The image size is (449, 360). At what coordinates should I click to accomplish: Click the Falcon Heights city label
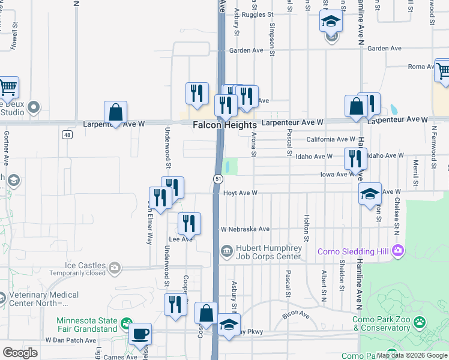click(224, 125)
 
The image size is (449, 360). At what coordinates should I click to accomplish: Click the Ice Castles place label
click(87, 266)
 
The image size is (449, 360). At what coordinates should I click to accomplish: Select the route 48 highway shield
click(68, 134)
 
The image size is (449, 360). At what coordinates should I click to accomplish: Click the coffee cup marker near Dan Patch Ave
click(140, 334)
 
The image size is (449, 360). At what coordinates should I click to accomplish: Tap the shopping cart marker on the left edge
click(8, 88)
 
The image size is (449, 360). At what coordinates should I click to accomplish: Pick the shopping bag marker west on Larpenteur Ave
click(115, 112)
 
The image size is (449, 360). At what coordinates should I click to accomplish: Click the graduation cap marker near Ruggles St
click(330, 22)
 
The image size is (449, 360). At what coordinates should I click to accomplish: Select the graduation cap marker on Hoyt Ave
click(370, 194)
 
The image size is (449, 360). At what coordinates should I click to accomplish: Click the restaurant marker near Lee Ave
click(189, 223)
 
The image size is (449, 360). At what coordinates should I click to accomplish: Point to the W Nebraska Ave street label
click(245, 229)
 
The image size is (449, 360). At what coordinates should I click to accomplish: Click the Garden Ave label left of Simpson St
click(250, 51)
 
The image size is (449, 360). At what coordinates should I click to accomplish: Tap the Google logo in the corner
click(20, 353)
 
